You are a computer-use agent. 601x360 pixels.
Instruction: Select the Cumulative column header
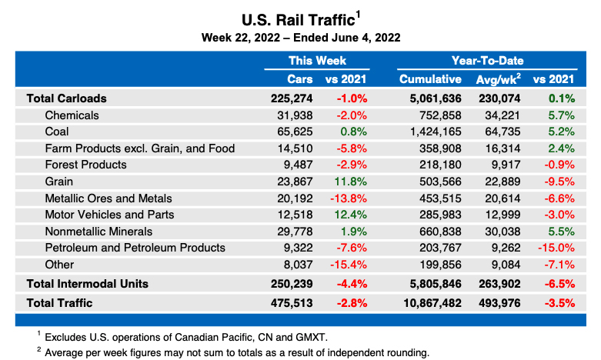[430, 78]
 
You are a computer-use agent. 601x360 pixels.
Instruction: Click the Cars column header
[299, 78]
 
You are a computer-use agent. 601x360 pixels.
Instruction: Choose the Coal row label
[58, 132]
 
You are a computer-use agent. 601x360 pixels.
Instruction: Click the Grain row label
[59, 181]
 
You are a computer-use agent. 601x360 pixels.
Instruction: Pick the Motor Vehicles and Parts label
[109, 215]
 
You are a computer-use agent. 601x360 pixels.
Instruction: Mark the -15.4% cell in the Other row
[349, 265]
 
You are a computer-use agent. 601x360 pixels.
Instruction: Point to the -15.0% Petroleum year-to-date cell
[556, 248]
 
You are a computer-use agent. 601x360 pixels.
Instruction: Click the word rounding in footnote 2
[407, 352]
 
